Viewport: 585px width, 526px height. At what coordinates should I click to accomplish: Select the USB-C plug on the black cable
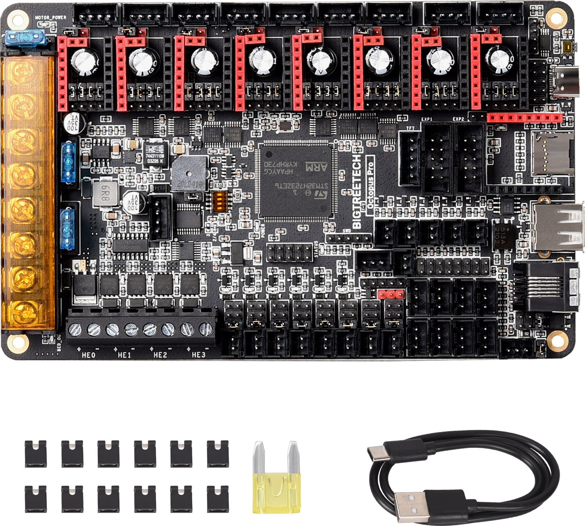tap(377, 451)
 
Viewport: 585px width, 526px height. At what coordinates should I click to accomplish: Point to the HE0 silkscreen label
tap(88, 355)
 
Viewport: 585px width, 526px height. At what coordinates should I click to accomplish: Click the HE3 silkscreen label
tap(198, 355)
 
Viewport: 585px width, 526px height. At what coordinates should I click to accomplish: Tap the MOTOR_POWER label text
tap(50, 18)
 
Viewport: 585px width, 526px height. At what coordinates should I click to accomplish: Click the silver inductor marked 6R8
tap(106, 194)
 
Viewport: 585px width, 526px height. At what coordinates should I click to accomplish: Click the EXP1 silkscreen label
tap(427, 119)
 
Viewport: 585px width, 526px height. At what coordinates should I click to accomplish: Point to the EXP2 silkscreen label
tap(458, 119)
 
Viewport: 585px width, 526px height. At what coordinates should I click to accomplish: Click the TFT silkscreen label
tap(410, 128)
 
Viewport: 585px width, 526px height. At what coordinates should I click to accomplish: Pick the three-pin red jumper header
tap(391, 294)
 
